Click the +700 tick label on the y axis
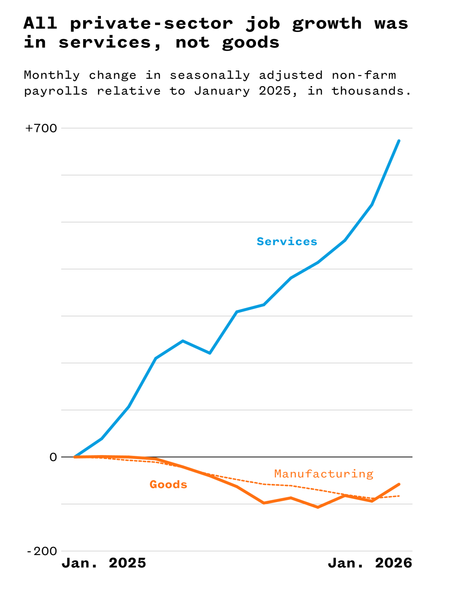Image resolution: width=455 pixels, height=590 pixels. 41,128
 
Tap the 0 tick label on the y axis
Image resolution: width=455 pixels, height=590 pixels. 53,457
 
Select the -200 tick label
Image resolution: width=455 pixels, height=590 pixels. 42,551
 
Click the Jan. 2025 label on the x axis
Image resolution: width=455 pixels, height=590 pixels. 104,563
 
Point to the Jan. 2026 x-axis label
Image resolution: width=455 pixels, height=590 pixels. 370,563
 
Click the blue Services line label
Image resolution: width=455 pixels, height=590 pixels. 287,242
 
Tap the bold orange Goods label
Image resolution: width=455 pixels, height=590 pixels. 168,484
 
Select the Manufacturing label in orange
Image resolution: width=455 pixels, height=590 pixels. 323,474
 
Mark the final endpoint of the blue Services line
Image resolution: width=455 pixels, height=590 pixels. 399,141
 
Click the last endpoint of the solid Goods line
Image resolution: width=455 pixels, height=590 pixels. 399,484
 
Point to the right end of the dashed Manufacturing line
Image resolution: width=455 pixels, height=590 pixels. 399,496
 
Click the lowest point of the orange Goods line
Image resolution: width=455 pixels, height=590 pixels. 318,507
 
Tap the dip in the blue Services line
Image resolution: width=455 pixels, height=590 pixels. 210,353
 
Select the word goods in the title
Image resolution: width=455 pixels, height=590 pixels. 251,43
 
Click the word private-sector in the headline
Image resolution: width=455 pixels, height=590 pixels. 151,24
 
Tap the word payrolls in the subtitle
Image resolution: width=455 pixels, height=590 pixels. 56,91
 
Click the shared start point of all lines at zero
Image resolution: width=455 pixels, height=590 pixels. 75,457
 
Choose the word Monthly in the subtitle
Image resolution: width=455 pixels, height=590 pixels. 52,75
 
